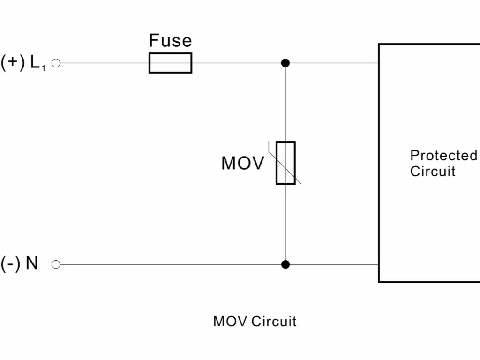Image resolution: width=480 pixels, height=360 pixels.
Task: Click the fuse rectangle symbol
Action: click(x=170, y=63)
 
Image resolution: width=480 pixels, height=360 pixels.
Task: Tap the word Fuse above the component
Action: click(x=170, y=41)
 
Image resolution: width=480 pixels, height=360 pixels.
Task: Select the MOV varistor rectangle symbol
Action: click(x=285, y=163)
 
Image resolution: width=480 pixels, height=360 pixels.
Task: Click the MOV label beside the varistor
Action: click(x=242, y=164)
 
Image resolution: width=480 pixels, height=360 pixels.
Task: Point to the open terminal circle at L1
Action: click(x=56, y=63)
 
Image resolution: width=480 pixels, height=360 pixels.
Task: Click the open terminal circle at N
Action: click(x=56, y=264)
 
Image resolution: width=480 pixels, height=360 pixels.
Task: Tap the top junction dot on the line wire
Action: click(x=285, y=63)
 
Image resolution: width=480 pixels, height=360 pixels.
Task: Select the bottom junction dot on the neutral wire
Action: click(x=285, y=264)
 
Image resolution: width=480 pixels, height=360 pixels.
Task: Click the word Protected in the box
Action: click(x=443, y=156)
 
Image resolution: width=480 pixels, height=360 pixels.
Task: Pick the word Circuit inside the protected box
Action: click(x=433, y=171)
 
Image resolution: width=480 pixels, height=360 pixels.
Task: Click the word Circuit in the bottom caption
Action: click(x=274, y=322)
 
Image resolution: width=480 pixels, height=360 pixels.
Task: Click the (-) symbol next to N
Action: click(x=10, y=264)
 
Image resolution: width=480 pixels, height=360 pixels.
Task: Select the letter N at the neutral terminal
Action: click(x=32, y=263)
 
